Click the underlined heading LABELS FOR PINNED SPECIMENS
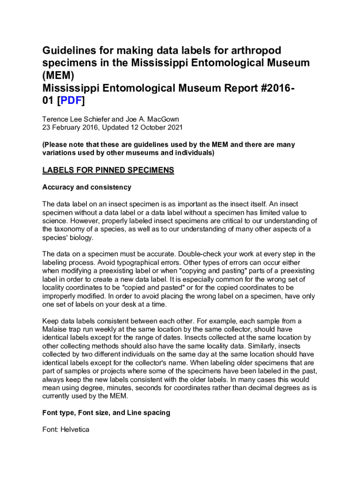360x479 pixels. pyautogui.click(x=108, y=171)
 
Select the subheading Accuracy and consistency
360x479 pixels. pyautogui.click(x=86, y=187)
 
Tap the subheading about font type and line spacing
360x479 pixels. pyautogui.click(x=106, y=413)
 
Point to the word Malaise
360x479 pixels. pyautogui.click(x=55, y=329)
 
